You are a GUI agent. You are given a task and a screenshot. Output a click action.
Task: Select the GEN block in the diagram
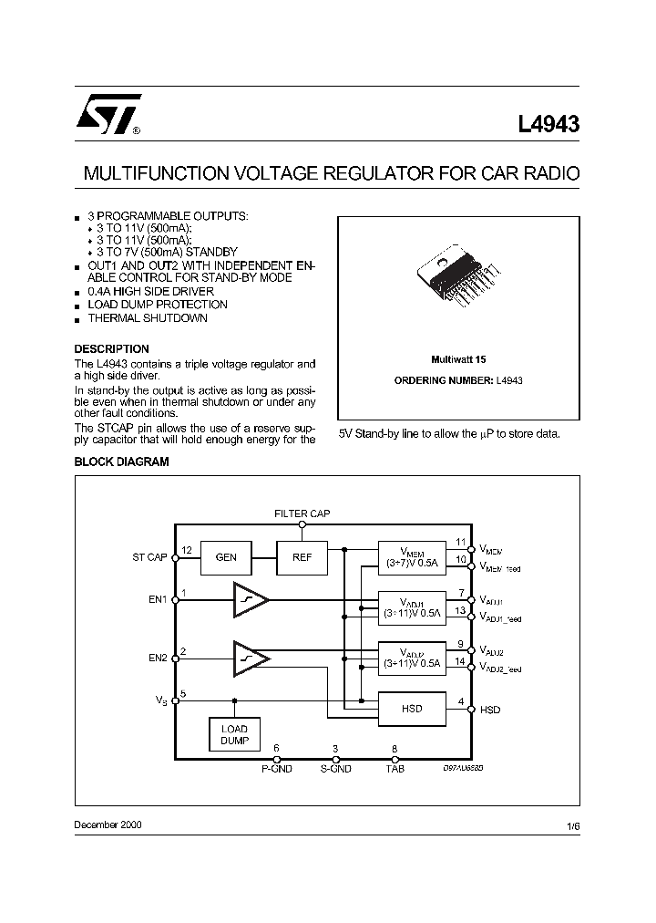coord(225,556)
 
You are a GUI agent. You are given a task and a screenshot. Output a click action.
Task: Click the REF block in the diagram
coord(302,556)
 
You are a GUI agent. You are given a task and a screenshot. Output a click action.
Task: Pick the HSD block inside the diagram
coord(412,708)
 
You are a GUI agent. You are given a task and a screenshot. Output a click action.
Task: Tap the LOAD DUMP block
coord(234,734)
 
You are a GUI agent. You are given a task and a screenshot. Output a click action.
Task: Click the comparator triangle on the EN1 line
coord(251,600)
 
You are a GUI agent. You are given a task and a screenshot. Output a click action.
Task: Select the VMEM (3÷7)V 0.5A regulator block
coord(412,556)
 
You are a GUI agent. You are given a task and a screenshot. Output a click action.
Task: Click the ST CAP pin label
coord(150,557)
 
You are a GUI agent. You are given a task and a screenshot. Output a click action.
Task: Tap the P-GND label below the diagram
coord(276,770)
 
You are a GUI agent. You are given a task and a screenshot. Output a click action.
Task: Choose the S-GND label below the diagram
coord(335,770)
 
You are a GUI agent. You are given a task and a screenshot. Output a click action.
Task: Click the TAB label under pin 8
coord(395,770)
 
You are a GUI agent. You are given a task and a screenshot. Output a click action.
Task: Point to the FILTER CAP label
coord(302,514)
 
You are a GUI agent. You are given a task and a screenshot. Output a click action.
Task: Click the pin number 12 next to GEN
coord(186,550)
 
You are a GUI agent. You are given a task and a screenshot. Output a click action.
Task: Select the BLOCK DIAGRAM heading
coord(121,462)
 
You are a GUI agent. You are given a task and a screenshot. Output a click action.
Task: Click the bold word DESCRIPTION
coord(111,349)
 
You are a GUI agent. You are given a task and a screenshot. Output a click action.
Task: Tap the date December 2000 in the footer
coord(108,824)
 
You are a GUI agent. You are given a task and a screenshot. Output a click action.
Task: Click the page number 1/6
coord(572,825)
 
